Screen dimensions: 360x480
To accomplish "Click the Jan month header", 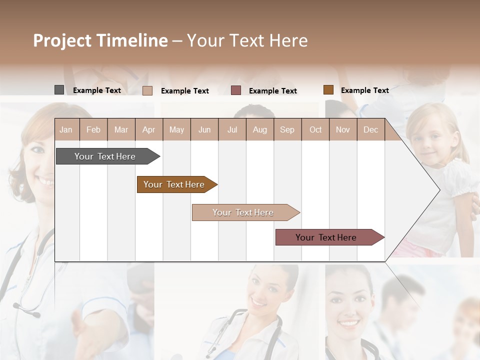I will [66, 130].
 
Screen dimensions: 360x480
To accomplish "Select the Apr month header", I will [149, 130].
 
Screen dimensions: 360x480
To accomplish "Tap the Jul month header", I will [232, 130].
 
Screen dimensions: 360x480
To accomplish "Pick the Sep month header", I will [287, 130].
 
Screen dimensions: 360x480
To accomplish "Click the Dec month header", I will [370, 130].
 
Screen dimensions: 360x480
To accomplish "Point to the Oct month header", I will [315, 130].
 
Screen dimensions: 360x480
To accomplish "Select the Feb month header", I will [93, 130].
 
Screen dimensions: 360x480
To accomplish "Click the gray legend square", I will [59, 90].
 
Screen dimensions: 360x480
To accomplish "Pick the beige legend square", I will [147, 90].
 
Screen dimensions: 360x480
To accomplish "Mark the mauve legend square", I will [236, 90].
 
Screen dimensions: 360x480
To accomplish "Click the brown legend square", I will [328, 90].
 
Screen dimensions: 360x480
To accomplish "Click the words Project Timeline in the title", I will [100, 40].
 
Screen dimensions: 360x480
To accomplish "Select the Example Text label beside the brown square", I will [364, 90].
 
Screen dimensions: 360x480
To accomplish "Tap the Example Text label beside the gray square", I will [97, 90].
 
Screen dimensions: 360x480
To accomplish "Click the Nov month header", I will [343, 130].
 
